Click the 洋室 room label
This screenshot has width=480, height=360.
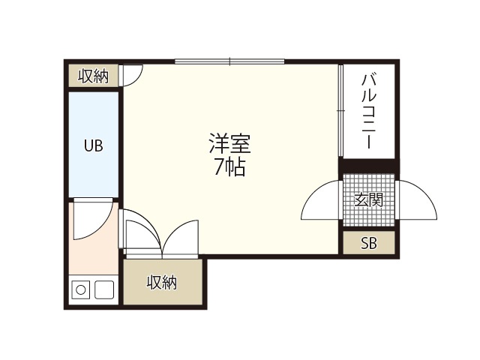[230, 143]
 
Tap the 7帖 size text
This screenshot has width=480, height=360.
[229, 167]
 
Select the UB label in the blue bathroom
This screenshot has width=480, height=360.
[93, 145]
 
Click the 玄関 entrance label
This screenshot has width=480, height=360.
[369, 200]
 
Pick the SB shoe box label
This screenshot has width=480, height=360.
[368, 243]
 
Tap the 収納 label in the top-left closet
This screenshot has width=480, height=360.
[93, 76]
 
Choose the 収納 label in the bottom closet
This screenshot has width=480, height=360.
[162, 282]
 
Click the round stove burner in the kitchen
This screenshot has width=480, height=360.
[80, 289]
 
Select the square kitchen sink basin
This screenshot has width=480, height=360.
[104, 289]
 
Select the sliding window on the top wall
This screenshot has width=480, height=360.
[229, 61]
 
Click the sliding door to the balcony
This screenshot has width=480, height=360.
[340, 111]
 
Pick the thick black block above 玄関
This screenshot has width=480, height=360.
[368, 166]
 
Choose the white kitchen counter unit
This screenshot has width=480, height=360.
[93, 289]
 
